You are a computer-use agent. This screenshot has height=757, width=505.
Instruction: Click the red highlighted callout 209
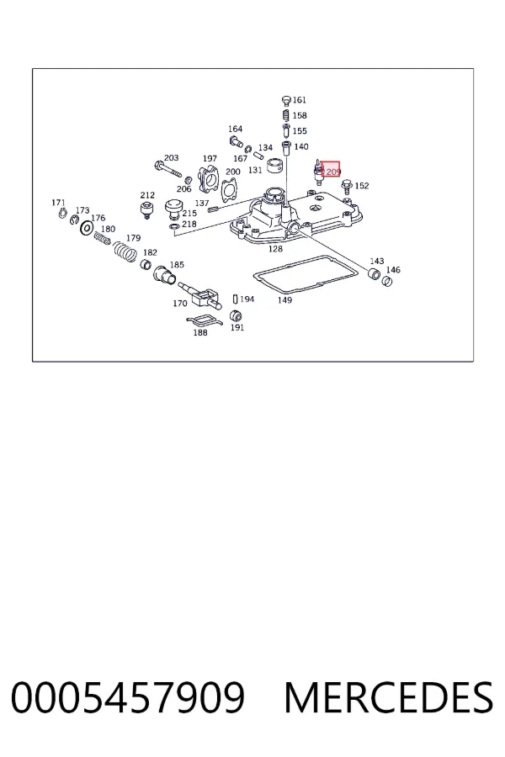point(331,169)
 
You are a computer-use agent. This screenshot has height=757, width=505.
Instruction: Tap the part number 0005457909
point(128,697)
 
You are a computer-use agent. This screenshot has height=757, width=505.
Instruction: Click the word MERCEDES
point(389,697)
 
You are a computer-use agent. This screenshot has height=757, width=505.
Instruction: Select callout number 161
point(300,100)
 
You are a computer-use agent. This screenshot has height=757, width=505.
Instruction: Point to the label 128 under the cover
point(275,249)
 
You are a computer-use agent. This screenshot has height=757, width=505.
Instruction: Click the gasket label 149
point(285,299)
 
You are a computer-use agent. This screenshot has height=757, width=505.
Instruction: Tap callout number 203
point(172,158)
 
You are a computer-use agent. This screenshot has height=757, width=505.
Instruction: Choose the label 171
point(58,203)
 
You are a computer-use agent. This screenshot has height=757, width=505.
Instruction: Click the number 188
point(200,332)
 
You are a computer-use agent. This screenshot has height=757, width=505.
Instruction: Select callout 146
point(393,270)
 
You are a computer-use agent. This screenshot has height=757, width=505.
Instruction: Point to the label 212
point(147,195)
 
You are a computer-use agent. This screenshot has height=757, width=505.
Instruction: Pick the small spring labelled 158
point(285,116)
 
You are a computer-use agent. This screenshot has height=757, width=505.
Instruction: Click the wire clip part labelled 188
point(204,320)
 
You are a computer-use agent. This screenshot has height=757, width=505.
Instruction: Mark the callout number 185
point(177,265)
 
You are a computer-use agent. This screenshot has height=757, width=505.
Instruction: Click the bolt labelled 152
point(346,188)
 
